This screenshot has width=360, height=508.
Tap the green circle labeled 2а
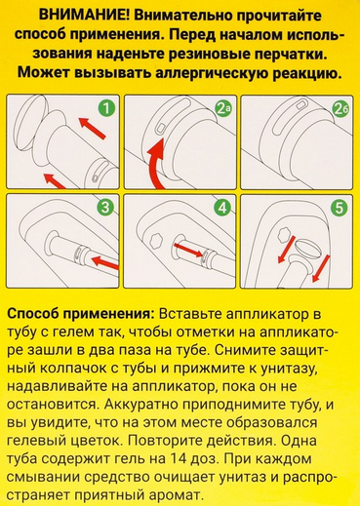pyautogui.click(x=222, y=109)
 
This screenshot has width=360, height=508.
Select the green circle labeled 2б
pyautogui.click(x=340, y=110)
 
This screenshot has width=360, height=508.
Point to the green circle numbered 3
pyautogui.click(x=105, y=208)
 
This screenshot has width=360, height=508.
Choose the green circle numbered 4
pyautogui.click(x=222, y=208)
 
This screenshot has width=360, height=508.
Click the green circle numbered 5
pyautogui.click(x=340, y=208)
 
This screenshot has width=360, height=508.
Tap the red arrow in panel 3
pyautogui.click(x=105, y=263)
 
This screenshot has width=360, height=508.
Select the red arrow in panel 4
pyautogui.click(x=190, y=251)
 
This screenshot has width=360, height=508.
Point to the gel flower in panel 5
pyautogui.click(x=285, y=233)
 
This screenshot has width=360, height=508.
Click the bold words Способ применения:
pyautogui.click(x=81, y=314)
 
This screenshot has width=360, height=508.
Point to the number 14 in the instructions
pyautogui.click(x=179, y=459)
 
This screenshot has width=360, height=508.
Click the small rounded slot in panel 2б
pyautogui.click(x=300, y=104)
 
